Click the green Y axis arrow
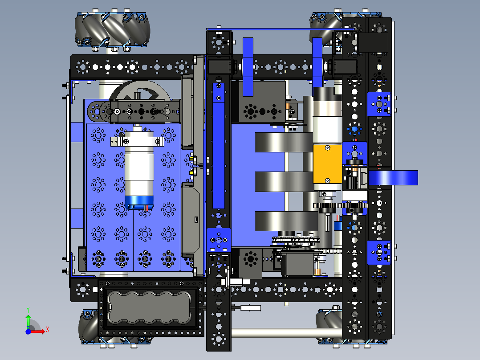coord(28,320)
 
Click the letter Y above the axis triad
coord(28,309)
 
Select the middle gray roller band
coord(283,180)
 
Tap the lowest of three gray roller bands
coord(283,221)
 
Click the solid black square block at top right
coord(374,43)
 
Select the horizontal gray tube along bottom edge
coord(285,332)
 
